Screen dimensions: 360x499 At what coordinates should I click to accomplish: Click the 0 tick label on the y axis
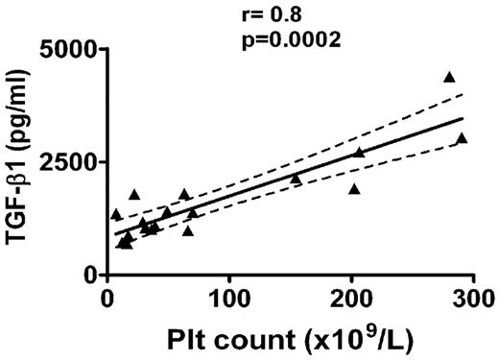pyautogui.click(x=90, y=275)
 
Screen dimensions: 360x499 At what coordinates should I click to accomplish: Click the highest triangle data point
pyautogui.click(x=449, y=77)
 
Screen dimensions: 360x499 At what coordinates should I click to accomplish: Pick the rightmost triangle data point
pyautogui.click(x=462, y=138)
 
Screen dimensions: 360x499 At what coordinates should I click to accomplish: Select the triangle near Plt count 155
pyautogui.click(x=296, y=180)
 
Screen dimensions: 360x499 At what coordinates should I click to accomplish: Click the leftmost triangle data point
pyautogui.click(x=116, y=214)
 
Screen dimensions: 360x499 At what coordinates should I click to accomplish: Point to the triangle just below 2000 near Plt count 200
pyautogui.click(x=354, y=189)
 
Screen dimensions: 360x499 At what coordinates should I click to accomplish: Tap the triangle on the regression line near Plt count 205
pyautogui.click(x=359, y=153)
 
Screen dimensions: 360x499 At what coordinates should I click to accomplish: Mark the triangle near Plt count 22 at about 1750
pyautogui.click(x=134, y=194)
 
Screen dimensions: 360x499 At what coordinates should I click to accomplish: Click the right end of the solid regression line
pyautogui.click(x=463, y=119)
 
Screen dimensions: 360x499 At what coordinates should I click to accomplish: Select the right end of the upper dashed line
pyautogui.click(x=463, y=93)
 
